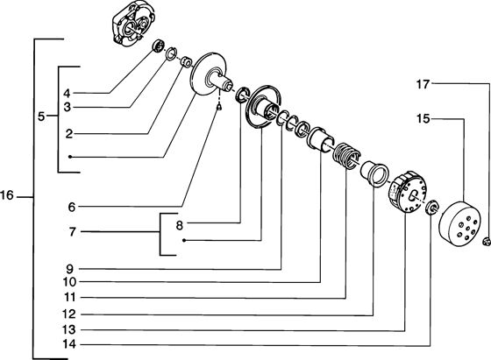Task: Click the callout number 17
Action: coord(423,84)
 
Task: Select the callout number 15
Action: coord(423,119)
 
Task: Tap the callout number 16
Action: coord(7,196)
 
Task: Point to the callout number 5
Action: coord(41,117)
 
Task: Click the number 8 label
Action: coord(179,225)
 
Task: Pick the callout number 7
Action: coord(72,232)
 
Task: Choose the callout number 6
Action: coord(72,207)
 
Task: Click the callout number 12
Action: coord(69,314)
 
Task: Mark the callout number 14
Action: coord(69,344)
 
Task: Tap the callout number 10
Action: coord(69,282)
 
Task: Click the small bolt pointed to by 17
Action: coord(487,241)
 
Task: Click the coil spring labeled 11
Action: coord(346,156)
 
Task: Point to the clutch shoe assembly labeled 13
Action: coord(407,193)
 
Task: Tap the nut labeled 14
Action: coord(432,207)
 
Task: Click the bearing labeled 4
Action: coord(159,46)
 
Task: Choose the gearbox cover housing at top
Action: coord(132,25)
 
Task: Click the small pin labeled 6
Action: coord(219,107)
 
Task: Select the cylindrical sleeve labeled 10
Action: coord(320,139)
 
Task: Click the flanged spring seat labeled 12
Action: coord(374,173)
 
